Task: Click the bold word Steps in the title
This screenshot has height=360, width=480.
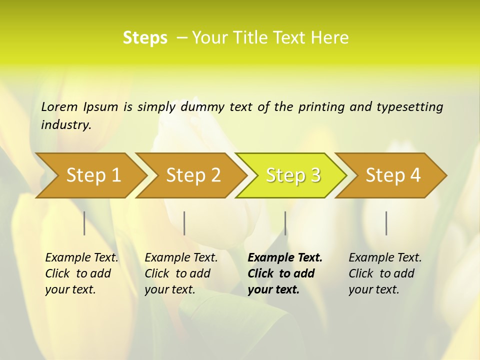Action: (145, 38)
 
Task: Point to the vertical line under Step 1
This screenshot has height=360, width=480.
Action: (84, 223)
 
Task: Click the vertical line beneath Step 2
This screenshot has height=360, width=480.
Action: (184, 223)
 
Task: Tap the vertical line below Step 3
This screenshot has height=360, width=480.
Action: (285, 223)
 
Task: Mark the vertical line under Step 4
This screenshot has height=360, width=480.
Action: (386, 223)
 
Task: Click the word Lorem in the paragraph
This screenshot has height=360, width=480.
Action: (59, 107)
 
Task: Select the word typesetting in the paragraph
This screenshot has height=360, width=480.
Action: (409, 107)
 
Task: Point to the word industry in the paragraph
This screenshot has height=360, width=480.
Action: (65, 125)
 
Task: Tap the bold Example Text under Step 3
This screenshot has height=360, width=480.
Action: (285, 258)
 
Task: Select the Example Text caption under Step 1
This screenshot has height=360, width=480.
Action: (81, 258)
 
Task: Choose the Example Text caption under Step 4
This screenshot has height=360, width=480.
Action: (385, 258)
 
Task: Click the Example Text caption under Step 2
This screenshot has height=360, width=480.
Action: (181, 258)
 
